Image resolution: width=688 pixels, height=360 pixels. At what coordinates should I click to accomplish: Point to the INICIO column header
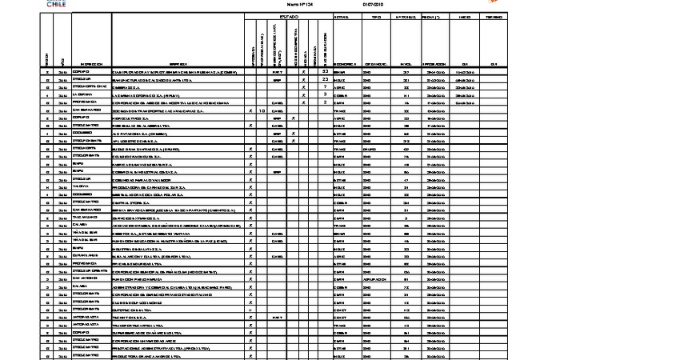(x=464, y=16)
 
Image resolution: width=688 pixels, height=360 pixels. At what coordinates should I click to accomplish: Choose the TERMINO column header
(x=494, y=16)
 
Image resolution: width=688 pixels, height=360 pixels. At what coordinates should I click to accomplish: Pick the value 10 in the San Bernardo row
(x=262, y=110)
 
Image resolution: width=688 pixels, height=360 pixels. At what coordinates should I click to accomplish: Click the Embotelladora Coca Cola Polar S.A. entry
(x=163, y=194)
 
